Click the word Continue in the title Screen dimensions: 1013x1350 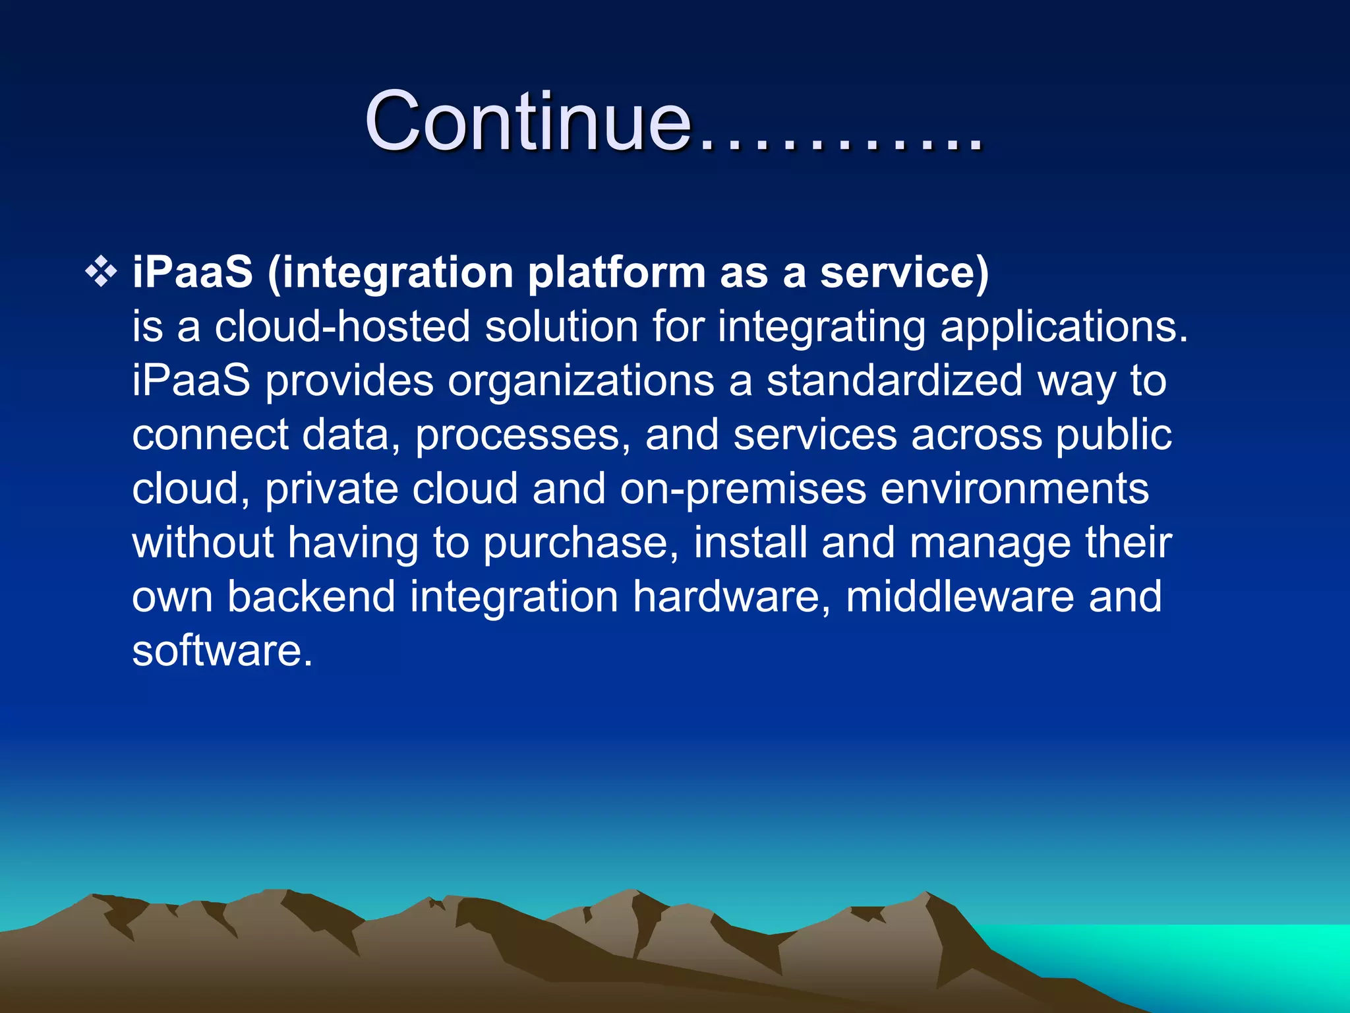(x=527, y=122)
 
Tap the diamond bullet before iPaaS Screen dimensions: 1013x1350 (x=101, y=272)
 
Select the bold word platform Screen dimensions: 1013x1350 (x=617, y=273)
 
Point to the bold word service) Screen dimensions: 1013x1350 (x=904, y=272)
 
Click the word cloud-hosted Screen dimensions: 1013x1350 (x=342, y=326)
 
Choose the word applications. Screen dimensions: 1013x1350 (x=1063, y=328)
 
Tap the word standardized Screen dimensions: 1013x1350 (x=894, y=381)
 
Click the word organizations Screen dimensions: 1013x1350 (x=581, y=382)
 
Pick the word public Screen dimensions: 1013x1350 (x=1113, y=435)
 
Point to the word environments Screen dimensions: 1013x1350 (x=1014, y=489)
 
